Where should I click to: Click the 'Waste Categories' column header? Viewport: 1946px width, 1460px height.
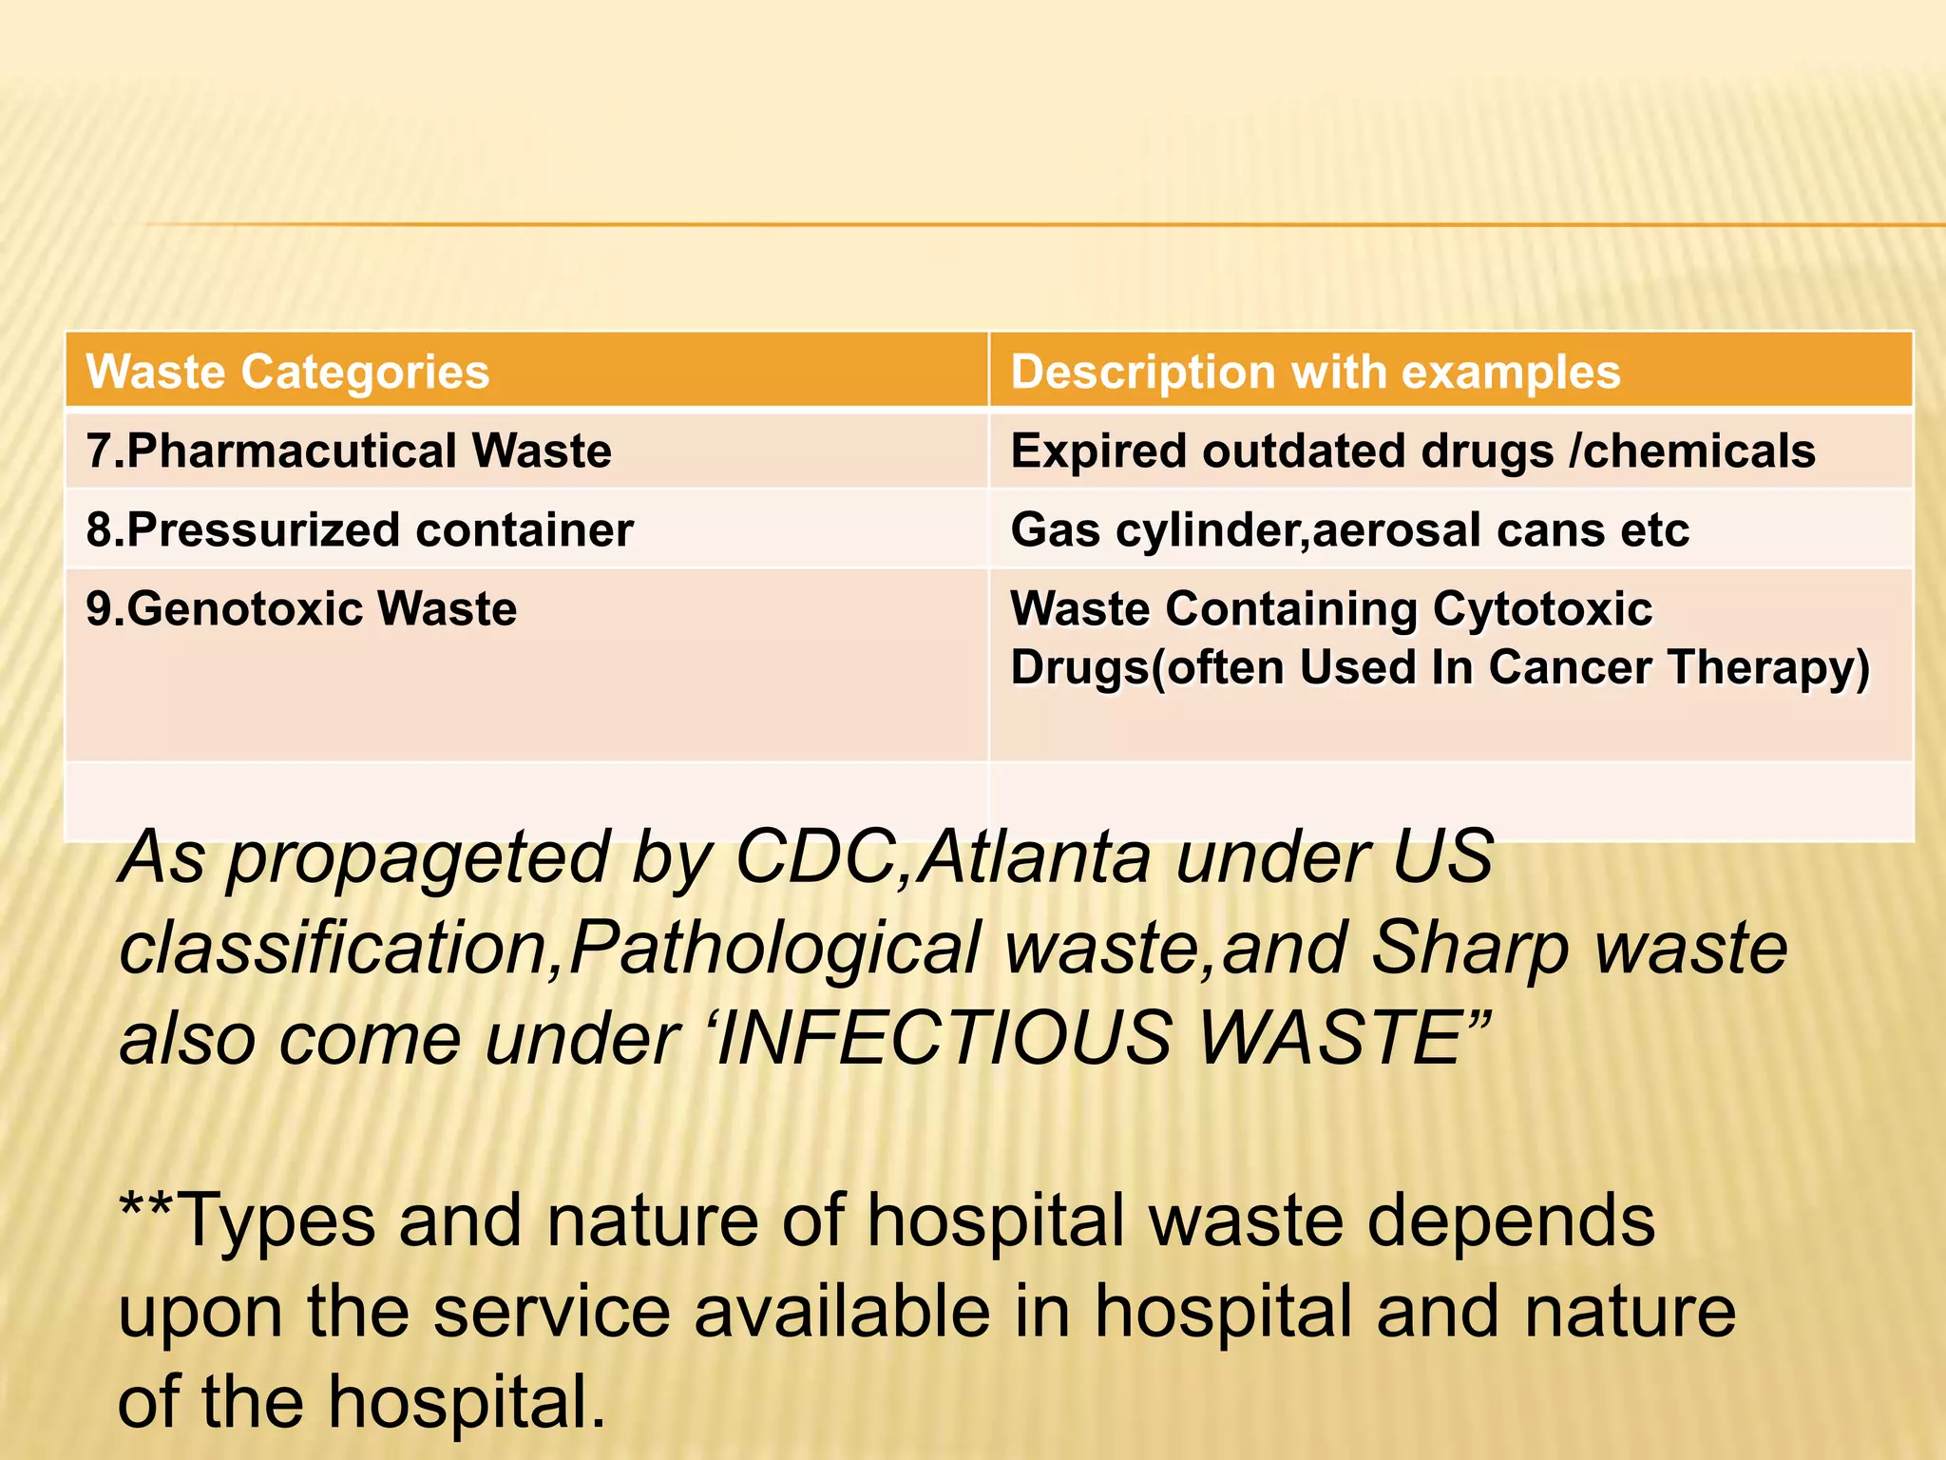(x=288, y=372)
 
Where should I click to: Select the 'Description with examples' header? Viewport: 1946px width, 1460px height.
(x=1315, y=372)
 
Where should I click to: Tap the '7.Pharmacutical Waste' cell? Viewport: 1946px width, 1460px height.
(x=349, y=451)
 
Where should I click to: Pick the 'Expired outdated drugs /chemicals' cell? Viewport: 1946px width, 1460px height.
(x=1413, y=451)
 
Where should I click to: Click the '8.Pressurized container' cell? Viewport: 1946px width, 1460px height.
(x=359, y=529)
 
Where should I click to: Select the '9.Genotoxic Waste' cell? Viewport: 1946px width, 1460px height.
(x=301, y=608)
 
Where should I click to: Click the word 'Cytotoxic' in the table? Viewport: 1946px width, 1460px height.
(x=1542, y=608)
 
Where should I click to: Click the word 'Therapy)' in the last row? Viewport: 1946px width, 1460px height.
(x=1769, y=667)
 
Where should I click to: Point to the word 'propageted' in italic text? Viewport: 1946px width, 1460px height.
(x=418, y=858)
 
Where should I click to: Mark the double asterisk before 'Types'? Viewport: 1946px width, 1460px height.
(x=145, y=1207)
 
